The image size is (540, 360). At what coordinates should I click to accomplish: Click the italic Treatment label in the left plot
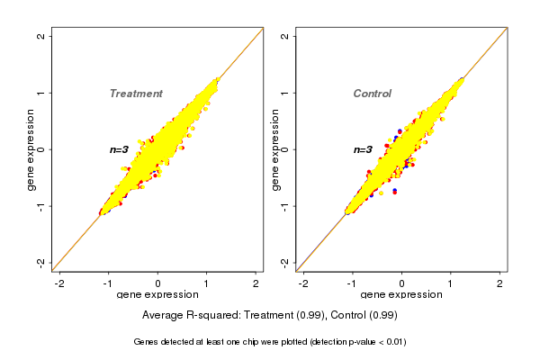[136, 94]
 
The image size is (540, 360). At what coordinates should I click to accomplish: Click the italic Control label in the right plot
[373, 94]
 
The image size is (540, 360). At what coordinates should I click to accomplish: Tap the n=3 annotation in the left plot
[120, 149]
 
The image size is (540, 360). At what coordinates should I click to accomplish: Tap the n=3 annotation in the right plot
[363, 149]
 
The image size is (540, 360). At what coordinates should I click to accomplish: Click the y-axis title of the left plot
[31, 149]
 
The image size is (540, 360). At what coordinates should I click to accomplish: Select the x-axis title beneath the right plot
[401, 294]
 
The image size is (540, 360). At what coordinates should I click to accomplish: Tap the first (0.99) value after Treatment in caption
[311, 315]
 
